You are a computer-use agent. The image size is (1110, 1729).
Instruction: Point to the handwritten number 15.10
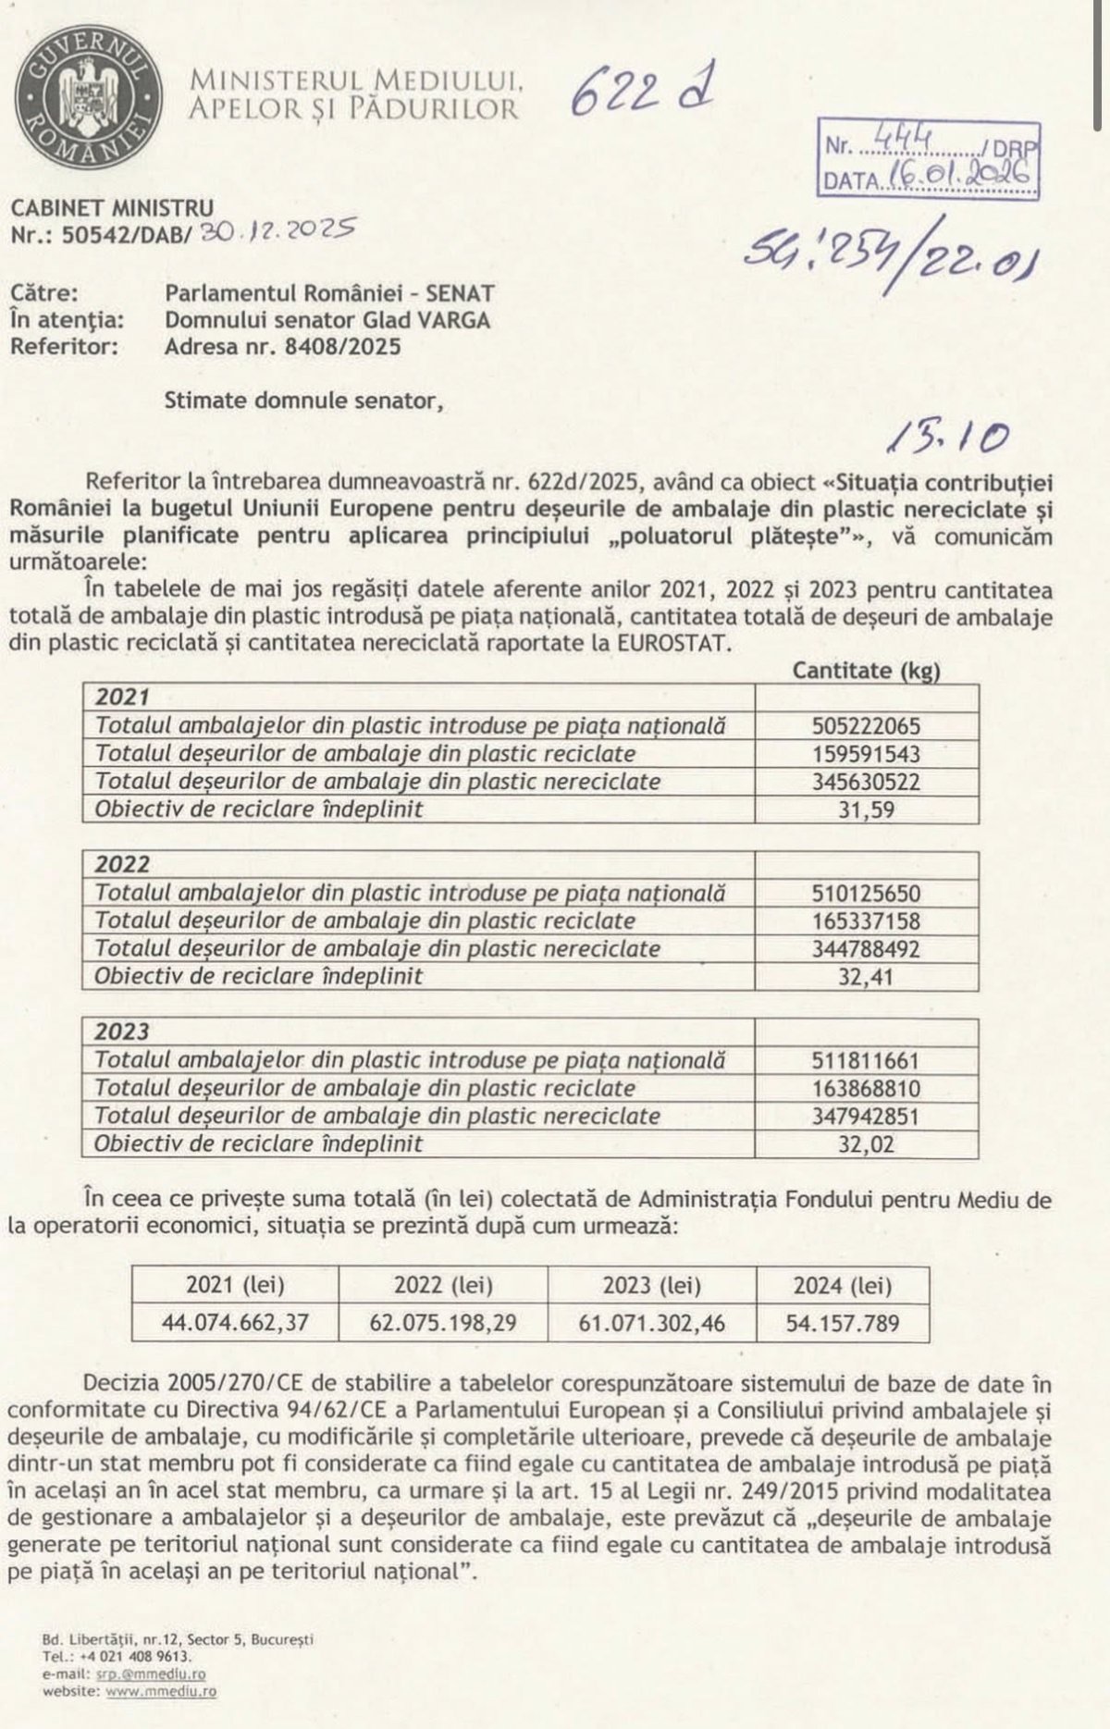[945, 438]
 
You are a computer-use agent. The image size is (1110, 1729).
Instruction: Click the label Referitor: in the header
[62, 347]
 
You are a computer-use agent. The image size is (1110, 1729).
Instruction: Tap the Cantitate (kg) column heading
[866, 671]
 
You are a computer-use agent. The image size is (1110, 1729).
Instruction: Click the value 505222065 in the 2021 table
[866, 726]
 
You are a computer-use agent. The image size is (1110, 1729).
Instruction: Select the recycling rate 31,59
[866, 809]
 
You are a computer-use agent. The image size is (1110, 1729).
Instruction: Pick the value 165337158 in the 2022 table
[866, 921]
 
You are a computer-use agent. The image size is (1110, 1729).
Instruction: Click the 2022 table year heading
[123, 864]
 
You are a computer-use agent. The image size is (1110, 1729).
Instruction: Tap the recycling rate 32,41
[866, 977]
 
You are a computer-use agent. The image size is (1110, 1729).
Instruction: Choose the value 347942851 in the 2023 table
[866, 1116]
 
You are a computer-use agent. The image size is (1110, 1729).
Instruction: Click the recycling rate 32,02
[866, 1144]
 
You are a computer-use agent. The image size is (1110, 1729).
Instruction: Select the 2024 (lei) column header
[842, 1285]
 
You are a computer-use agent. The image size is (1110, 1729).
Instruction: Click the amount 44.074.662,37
[235, 1323]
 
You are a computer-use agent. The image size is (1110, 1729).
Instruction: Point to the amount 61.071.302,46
[651, 1323]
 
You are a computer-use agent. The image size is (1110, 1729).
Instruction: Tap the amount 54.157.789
[842, 1323]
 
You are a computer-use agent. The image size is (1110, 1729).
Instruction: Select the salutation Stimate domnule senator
[298, 401]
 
